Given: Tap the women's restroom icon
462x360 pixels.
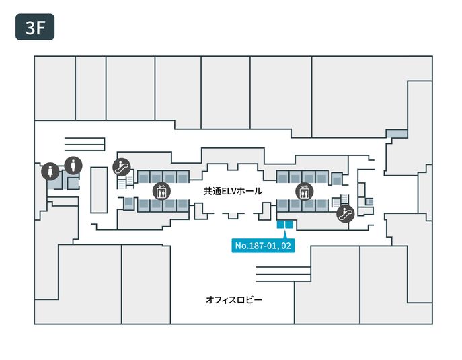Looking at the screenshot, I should (x=51, y=172).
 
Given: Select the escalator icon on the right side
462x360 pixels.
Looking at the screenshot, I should (x=344, y=214).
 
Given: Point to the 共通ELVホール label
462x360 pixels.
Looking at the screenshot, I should (x=233, y=192).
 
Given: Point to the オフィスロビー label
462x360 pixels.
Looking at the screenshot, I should (x=234, y=299).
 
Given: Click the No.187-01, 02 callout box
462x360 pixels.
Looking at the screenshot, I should (x=262, y=246).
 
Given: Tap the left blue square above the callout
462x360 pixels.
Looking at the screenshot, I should (x=281, y=225).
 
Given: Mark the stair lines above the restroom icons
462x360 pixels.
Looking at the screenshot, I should (x=84, y=143).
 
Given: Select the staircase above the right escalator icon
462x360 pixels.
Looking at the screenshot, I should (x=345, y=199).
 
